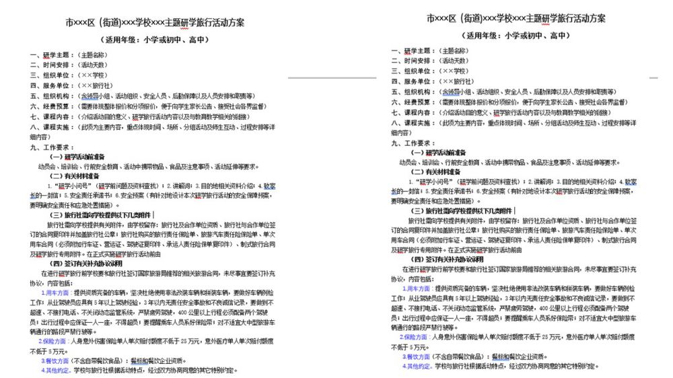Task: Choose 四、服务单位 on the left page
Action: point(50,85)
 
